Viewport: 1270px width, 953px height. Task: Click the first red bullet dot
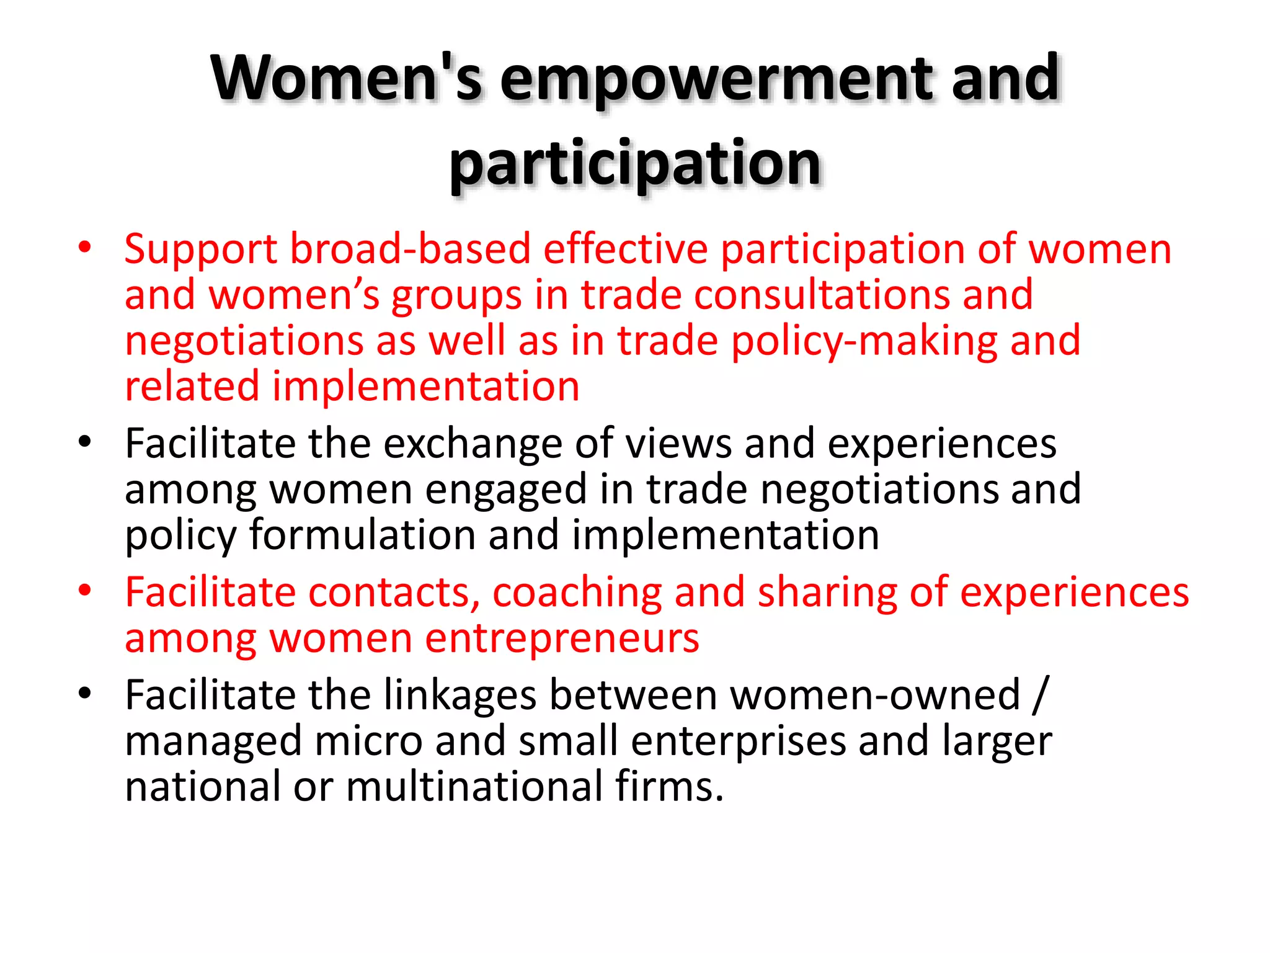[85, 248]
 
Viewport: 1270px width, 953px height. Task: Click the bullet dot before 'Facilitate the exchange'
[85, 442]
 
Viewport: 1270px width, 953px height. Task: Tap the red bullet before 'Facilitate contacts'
[85, 591]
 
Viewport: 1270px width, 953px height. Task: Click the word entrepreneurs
[562, 638]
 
